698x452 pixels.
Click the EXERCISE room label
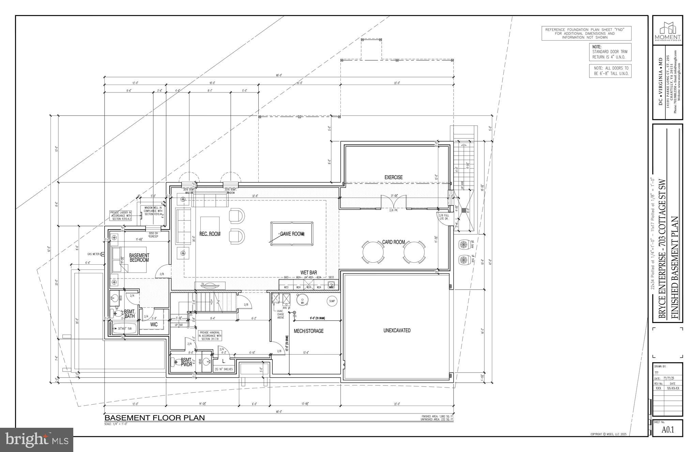pyautogui.click(x=393, y=177)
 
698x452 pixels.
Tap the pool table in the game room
pyautogui.click(x=292, y=233)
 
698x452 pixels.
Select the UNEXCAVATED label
pyautogui.click(x=397, y=330)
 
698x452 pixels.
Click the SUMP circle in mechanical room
pyautogui.click(x=332, y=301)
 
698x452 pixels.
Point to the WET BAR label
pyautogui.click(x=308, y=273)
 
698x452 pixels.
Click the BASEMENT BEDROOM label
pyautogui.click(x=139, y=258)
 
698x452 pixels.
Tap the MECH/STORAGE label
pyautogui.click(x=308, y=331)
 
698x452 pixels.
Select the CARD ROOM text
pyautogui.click(x=393, y=242)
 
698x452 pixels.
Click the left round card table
pyautogui.click(x=373, y=252)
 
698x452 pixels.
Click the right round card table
pyautogui.click(x=414, y=252)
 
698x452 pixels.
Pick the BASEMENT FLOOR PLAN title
pyautogui.click(x=154, y=418)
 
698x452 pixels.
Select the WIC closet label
pyautogui.click(x=154, y=324)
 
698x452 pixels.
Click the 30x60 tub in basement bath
pyautogui.click(x=125, y=329)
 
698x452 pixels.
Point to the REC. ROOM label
pyautogui.click(x=210, y=234)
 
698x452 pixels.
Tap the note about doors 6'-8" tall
pyautogui.click(x=610, y=71)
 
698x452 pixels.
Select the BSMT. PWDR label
pyautogui.click(x=186, y=362)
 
